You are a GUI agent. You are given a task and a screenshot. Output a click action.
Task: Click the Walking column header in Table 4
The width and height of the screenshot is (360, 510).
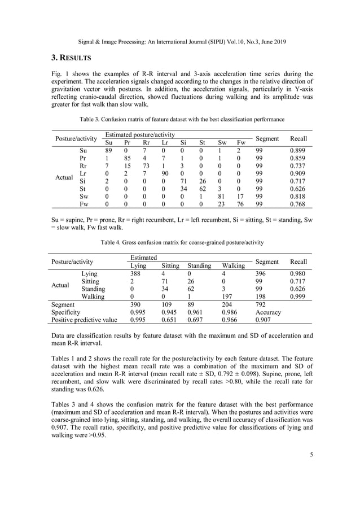[234, 265]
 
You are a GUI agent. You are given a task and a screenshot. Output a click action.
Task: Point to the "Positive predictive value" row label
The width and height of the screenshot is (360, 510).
[84, 320]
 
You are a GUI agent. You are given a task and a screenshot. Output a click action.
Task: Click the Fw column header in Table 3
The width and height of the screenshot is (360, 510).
[241, 142]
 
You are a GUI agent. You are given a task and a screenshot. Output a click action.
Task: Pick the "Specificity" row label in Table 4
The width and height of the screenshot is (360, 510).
[65, 312]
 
